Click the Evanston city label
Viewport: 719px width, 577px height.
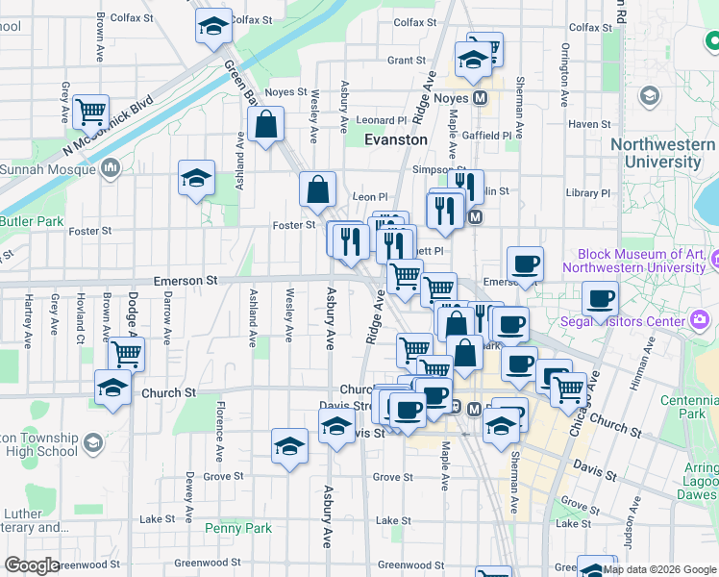point(396,139)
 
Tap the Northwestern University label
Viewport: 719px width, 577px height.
point(662,153)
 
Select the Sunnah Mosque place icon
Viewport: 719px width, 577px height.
point(110,170)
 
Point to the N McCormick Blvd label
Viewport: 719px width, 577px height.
point(107,124)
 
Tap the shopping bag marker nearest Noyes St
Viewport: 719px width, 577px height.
point(265,124)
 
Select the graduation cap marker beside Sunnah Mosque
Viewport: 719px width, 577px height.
point(196,178)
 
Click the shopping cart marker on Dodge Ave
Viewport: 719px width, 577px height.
point(126,353)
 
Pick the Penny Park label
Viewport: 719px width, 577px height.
point(238,528)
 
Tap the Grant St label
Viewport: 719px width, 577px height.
point(406,60)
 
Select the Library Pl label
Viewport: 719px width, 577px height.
point(583,193)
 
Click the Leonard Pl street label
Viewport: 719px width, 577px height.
point(383,120)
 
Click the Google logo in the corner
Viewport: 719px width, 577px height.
point(32,565)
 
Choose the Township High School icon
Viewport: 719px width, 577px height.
point(92,443)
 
